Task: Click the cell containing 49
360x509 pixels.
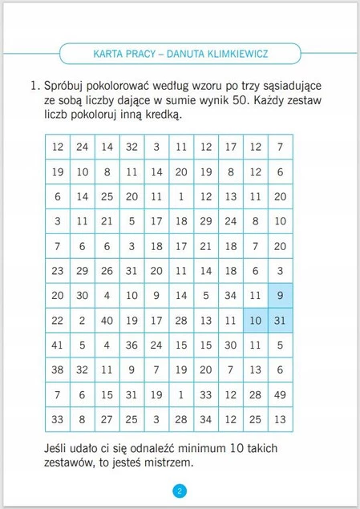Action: pyautogui.click(x=279, y=394)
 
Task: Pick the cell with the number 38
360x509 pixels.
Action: pyautogui.click(x=58, y=370)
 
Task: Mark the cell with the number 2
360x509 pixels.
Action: pyautogui.click(x=83, y=321)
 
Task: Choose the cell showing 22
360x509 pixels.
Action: pyautogui.click(x=58, y=321)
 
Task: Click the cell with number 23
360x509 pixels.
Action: pyautogui.click(x=58, y=271)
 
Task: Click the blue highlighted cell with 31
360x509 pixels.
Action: pyautogui.click(x=279, y=321)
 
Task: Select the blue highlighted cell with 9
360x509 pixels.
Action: pyautogui.click(x=279, y=295)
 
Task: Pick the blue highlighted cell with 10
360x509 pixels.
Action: pyautogui.click(x=255, y=321)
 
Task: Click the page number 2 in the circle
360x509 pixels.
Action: pyautogui.click(x=180, y=491)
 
